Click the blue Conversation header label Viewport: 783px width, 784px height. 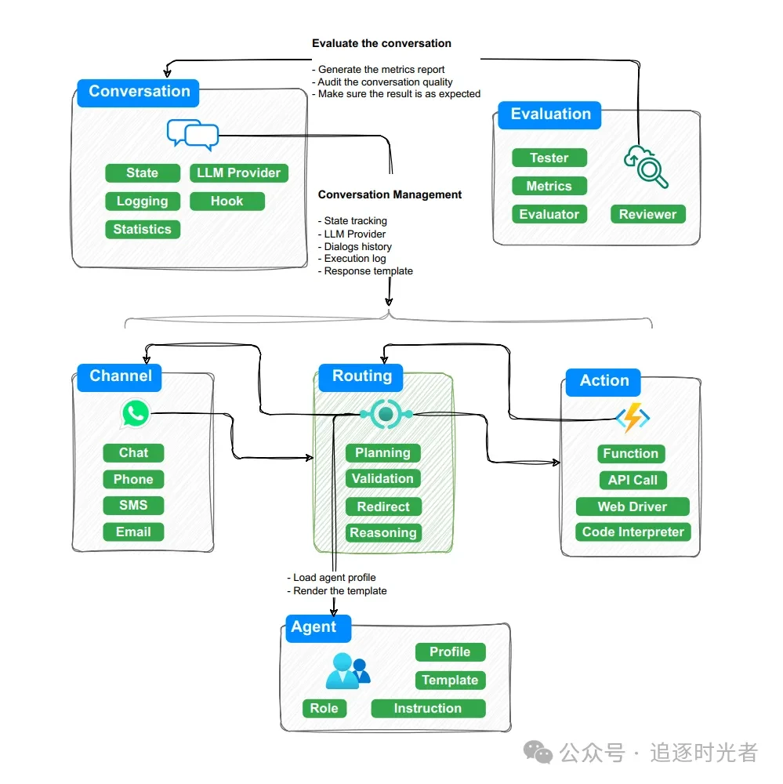tap(139, 92)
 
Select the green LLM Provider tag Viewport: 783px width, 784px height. tap(238, 173)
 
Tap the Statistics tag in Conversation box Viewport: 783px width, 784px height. tap(142, 230)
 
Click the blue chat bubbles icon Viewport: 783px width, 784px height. tap(192, 135)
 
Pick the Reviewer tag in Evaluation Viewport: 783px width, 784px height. tap(647, 215)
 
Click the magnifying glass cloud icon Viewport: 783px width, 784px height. tap(646, 165)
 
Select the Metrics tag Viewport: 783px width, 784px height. tap(549, 187)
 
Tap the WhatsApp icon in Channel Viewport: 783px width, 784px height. tap(135, 414)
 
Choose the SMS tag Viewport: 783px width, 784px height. tap(133, 506)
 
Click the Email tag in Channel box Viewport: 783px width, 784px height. tap(133, 532)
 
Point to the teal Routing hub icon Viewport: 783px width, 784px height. tap(385, 413)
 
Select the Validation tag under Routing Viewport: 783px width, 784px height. tap(382, 479)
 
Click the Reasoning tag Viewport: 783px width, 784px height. tap(383, 533)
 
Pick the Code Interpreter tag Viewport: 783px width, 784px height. tap(633, 532)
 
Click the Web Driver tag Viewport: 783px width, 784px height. tap(632, 507)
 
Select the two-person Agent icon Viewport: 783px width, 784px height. tap(346, 671)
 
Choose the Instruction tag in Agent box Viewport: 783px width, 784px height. tap(427, 709)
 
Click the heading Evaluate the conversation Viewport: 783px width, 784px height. tap(382, 43)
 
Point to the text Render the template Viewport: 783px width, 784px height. tap(339, 591)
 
